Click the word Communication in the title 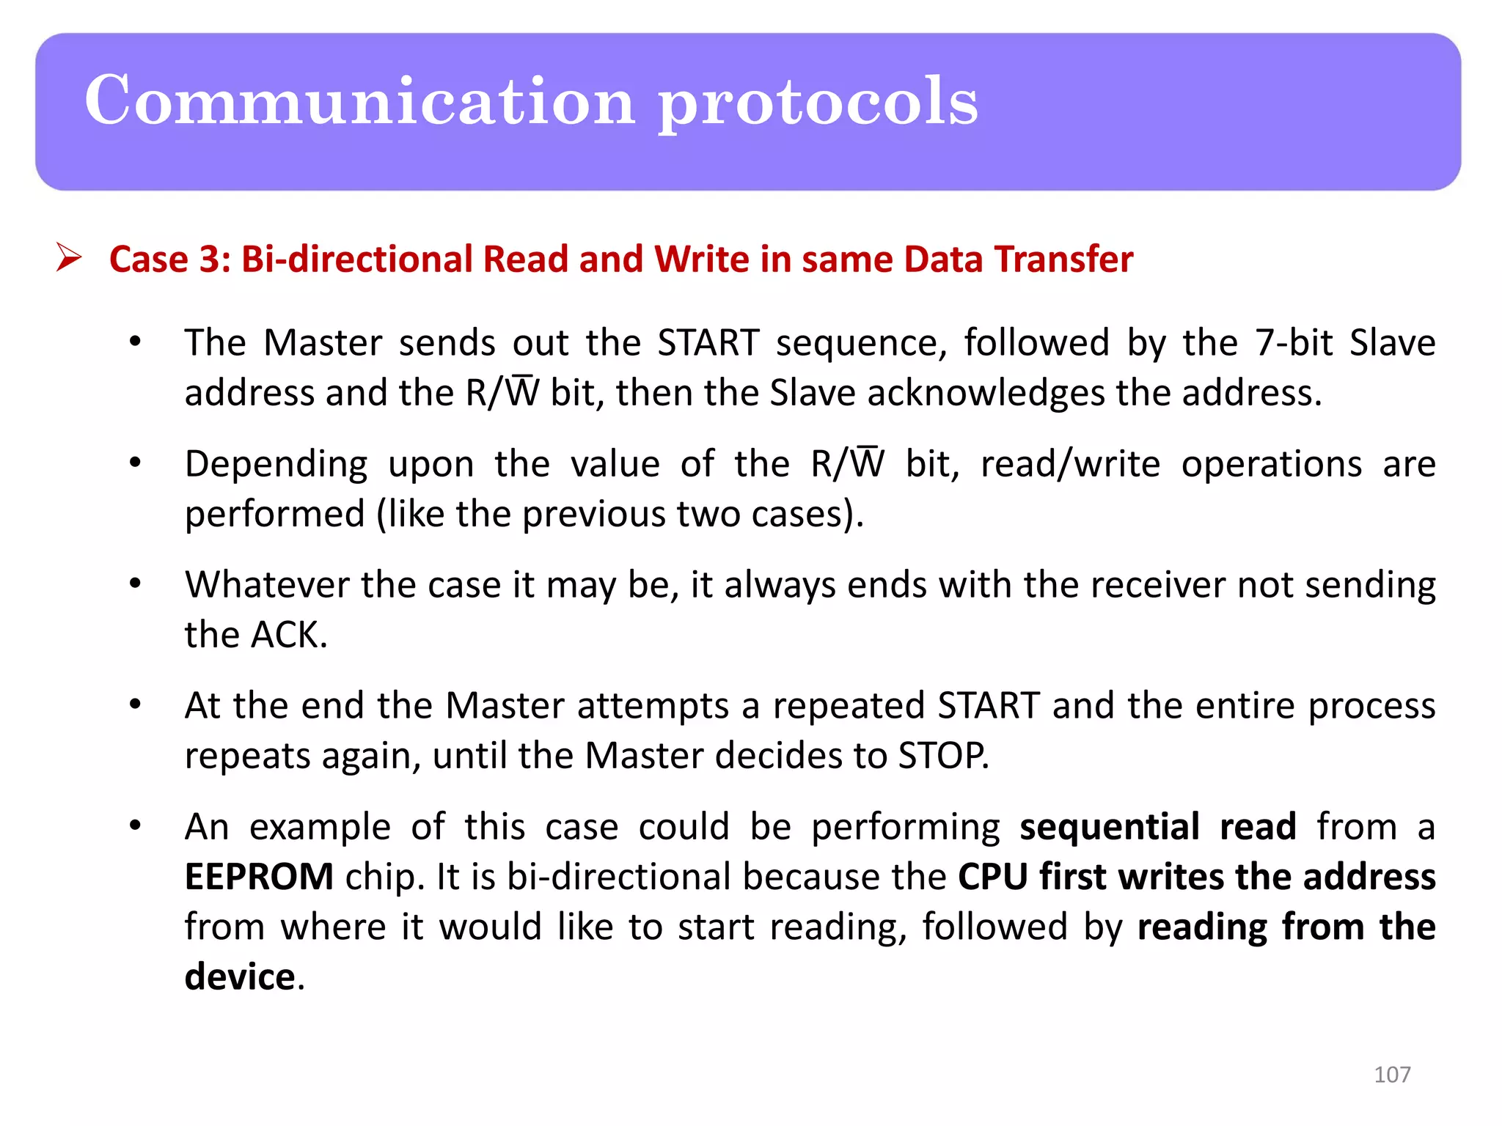(359, 101)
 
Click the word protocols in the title (818, 103)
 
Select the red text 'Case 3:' (169, 260)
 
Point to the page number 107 (1391, 1074)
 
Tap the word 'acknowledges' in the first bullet (986, 393)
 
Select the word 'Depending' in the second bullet (276, 465)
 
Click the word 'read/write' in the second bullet (1070, 464)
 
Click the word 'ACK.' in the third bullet (289, 635)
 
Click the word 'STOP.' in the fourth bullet (943, 756)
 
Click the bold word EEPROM (259, 877)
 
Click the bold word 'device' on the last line (240, 976)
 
